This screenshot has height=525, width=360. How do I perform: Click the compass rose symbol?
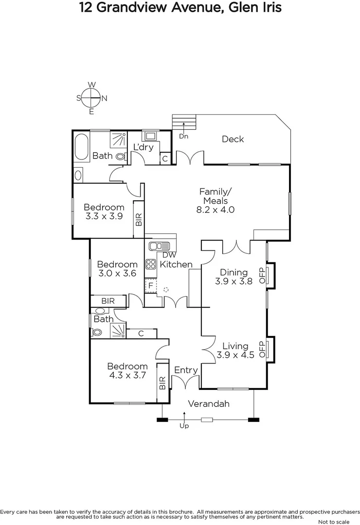click(x=91, y=98)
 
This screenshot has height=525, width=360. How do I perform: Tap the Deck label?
click(x=233, y=140)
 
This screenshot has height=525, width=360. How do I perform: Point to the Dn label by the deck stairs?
click(x=183, y=137)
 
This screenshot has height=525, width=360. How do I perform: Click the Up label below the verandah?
click(x=184, y=426)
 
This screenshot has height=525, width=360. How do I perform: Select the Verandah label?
click(x=209, y=404)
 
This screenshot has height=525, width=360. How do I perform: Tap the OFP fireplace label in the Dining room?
click(x=262, y=276)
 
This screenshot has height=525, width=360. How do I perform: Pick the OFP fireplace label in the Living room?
click(x=262, y=349)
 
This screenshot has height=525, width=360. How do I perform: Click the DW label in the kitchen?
click(x=169, y=255)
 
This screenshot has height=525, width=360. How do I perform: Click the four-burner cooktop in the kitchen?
click(x=151, y=264)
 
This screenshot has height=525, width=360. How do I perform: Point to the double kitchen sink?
click(x=159, y=246)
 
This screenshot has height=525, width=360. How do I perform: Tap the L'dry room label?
click(x=144, y=147)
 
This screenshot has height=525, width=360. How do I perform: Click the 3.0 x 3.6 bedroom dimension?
click(x=117, y=273)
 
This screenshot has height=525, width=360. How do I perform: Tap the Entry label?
click(x=186, y=370)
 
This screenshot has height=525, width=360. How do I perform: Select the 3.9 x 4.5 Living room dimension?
click(x=235, y=355)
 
